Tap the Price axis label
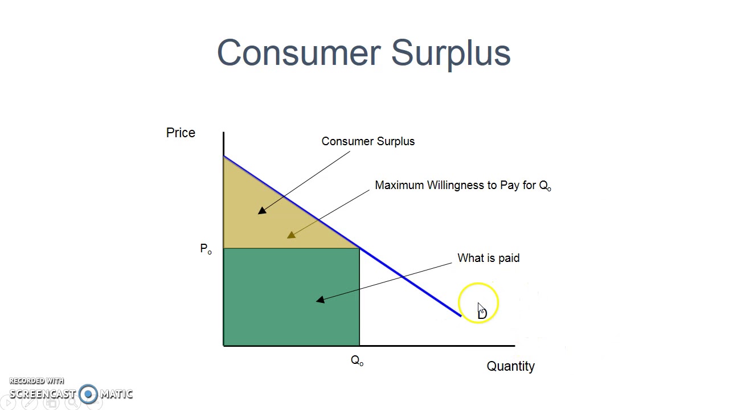point(181,133)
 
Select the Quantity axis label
point(510,366)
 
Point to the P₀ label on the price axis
point(206,249)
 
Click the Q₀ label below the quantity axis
point(357,360)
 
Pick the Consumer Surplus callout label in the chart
point(368,141)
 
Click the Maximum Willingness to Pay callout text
point(462,186)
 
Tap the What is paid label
point(488,258)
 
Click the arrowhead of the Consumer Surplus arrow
point(262,211)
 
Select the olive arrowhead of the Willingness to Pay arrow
point(292,235)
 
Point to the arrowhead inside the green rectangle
point(320,300)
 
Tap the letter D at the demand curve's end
point(483,313)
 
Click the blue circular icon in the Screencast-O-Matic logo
point(88,393)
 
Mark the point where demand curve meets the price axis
point(224,155)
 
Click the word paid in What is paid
point(508,258)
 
